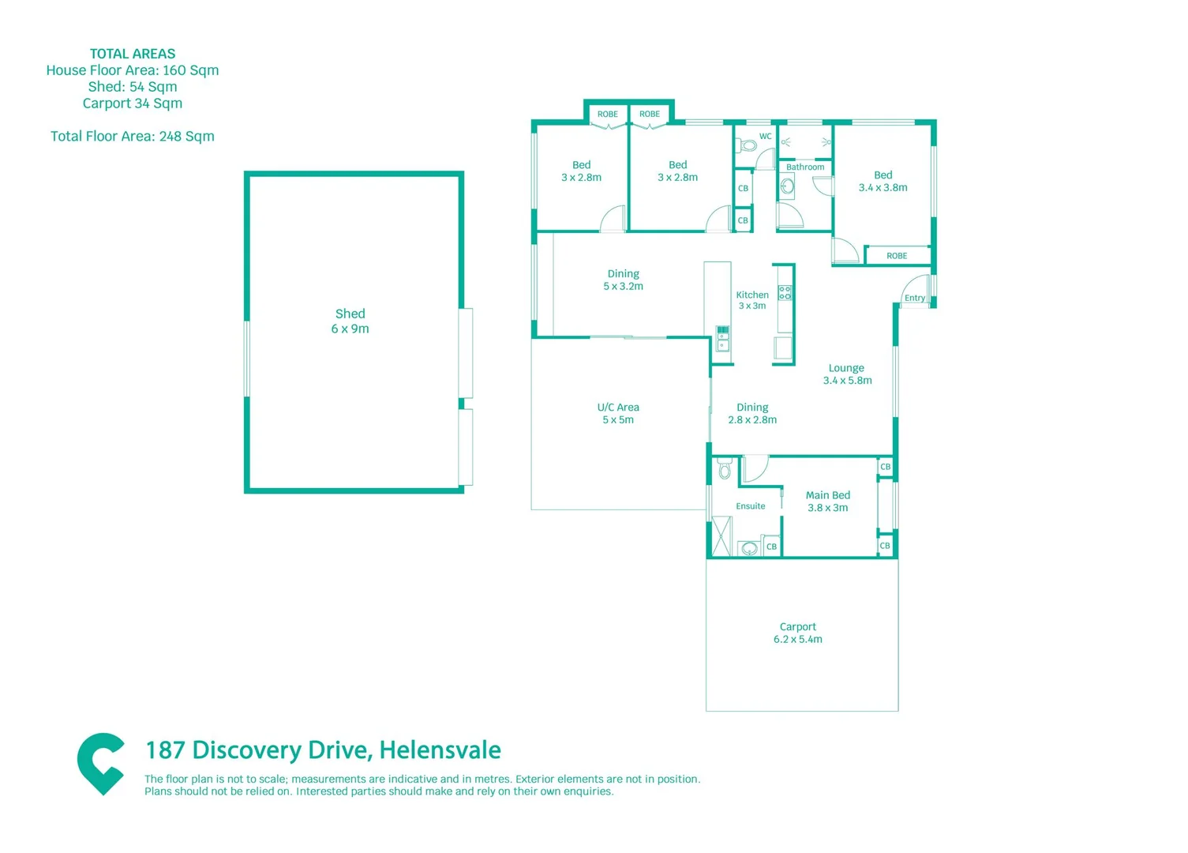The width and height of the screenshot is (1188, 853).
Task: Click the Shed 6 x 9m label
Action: pyautogui.click(x=350, y=321)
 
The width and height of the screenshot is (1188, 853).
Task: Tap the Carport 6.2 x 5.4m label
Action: pyautogui.click(x=797, y=633)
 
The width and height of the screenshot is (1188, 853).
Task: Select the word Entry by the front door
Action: pyautogui.click(x=914, y=298)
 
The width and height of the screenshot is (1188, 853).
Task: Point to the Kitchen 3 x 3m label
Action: pyautogui.click(x=751, y=300)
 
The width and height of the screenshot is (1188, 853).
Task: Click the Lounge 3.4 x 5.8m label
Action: pyautogui.click(x=846, y=374)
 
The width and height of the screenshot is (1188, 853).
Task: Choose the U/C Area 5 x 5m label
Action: pyautogui.click(x=618, y=413)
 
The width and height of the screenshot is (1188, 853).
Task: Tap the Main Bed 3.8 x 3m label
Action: pyautogui.click(x=827, y=502)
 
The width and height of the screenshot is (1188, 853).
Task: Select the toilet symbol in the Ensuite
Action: pyautogui.click(x=725, y=471)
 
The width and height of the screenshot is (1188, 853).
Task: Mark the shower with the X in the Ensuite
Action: pyautogui.click(x=721, y=536)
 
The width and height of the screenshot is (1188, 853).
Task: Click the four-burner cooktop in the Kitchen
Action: pyautogui.click(x=785, y=293)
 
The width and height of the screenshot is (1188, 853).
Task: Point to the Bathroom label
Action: pyautogui.click(x=804, y=167)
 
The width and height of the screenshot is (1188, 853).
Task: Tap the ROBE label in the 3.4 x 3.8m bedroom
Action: pyautogui.click(x=896, y=256)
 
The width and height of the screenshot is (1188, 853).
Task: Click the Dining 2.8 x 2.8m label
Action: pyautogui.click(x=752, y=413)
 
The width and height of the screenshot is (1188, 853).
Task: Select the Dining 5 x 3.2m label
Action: pyautogui.click(x=623, y=280)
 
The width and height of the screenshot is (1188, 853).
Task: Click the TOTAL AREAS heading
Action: pyautogui.click(x=133, y=54)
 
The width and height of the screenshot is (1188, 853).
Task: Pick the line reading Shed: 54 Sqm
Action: pyautogui.click(x=133, y=87)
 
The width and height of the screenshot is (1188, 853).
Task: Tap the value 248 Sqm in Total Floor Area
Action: pyautogui.click(x=186, y=136)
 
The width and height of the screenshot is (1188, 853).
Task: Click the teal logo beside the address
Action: pyautogui.click(x=101, y=763)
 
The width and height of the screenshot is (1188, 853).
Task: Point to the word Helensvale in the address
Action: pyautogui.click(x=440, y=750)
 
